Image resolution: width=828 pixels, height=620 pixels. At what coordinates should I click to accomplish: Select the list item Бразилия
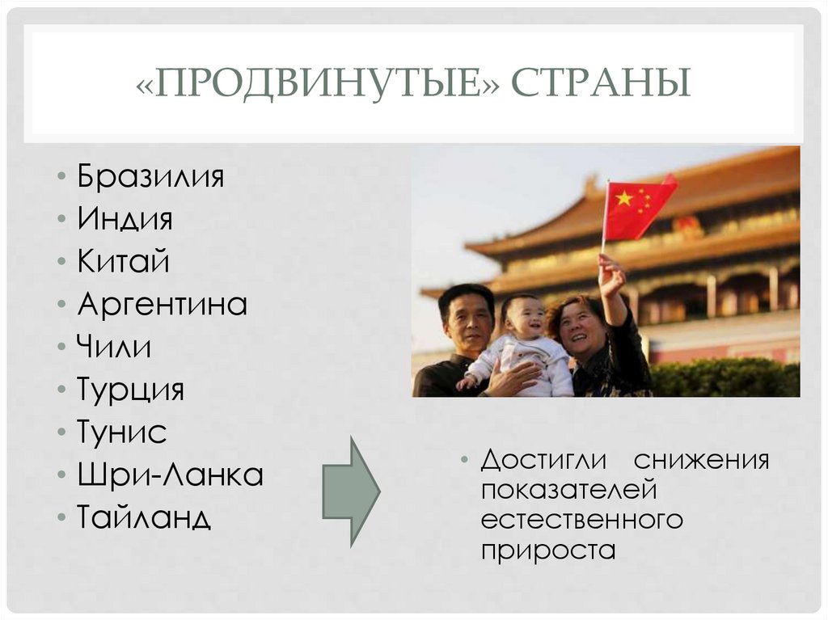[x=150, y=176]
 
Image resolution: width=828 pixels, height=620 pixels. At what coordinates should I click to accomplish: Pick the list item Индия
[x=125, y=219]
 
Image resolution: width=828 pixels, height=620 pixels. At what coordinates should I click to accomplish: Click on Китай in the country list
[x=124, y=262]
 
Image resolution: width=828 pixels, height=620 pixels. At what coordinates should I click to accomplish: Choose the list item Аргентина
[x=162, y=305]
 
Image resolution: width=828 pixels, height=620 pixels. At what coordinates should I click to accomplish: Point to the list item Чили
[x=114, y=348]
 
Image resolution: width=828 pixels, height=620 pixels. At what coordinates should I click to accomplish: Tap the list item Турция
[x=131, y=390]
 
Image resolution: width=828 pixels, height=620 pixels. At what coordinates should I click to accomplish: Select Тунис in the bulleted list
[x=122, y=432]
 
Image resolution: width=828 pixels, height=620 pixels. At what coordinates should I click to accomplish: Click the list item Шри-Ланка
[x=171, y=475]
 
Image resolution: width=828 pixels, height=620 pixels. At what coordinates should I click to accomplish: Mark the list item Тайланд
[x=144, y=517]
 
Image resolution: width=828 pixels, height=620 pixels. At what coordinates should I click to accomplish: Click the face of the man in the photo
[x=467, y=318]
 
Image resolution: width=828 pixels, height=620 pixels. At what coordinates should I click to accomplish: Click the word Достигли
[x=543, y=461]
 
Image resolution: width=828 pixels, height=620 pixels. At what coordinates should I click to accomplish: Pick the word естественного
[x=581, y=521]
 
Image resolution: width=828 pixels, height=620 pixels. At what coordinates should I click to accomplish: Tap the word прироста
[x=547, y=550]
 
